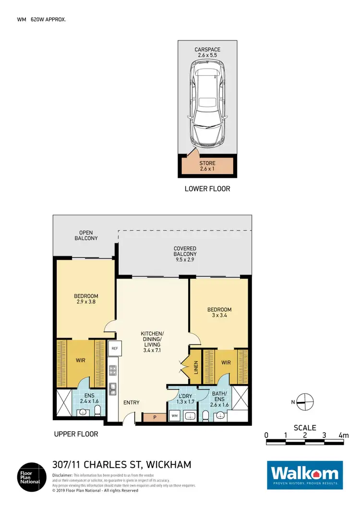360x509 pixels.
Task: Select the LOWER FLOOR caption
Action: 207,189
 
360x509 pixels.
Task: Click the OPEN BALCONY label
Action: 86,235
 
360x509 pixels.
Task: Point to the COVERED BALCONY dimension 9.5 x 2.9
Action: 185,261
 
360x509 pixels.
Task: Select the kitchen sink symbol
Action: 113,388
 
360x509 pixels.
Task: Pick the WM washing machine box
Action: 174,415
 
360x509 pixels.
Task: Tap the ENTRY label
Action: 131,402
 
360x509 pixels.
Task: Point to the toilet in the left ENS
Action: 97,411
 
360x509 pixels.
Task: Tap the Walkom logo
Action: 305,475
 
